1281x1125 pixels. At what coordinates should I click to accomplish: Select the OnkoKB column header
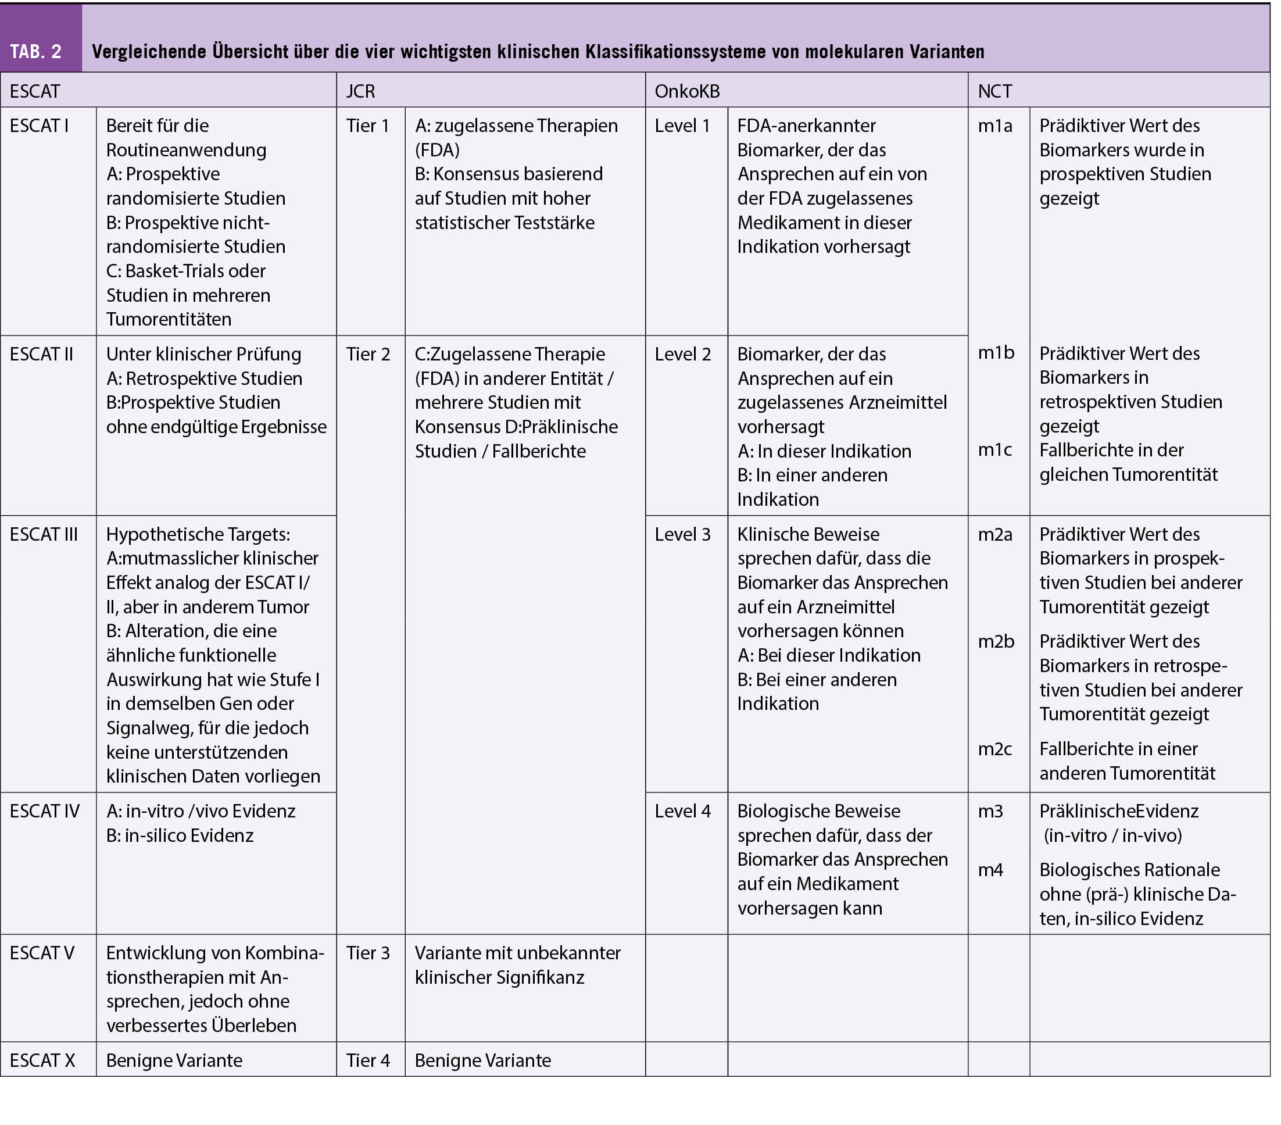click(687, 91)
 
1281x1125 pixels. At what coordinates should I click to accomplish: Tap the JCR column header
click(360, 91)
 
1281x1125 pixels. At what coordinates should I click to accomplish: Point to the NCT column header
click(994, 91)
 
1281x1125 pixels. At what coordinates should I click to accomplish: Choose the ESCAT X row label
click(42, 1060)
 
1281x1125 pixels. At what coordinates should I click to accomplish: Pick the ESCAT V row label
click(42, 953)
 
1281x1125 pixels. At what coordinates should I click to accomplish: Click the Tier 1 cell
click(368, 126)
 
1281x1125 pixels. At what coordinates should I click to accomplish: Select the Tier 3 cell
click(368, 953)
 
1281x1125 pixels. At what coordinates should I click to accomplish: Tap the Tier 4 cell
click(368, 1060)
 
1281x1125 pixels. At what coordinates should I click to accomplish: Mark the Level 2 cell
click(682, 354)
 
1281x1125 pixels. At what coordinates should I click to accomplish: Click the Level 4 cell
click(682, 811)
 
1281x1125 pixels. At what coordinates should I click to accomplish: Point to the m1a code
click(995, 126)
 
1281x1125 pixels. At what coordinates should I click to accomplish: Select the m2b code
click(996, 641)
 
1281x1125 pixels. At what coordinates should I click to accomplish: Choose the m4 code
click(991, 870)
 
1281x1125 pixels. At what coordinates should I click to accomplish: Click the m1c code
click(995, 449)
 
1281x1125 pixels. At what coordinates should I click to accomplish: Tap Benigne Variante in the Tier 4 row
click(482, 1060)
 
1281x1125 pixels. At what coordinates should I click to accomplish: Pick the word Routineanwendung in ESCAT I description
click(186, 150)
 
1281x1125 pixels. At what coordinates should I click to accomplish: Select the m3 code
click(991, 811)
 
